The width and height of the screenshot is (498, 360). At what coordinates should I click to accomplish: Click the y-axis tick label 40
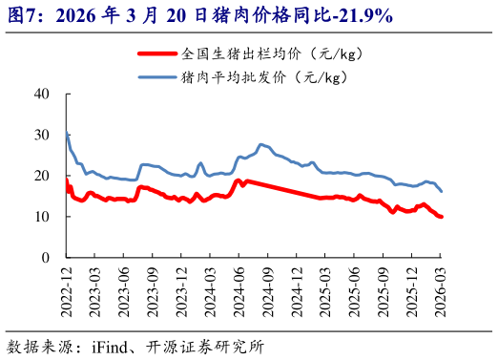pyautogui.click(x=41, y=94)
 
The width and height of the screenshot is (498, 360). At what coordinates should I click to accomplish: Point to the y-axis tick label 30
pyautogui.click(x=41, y=135)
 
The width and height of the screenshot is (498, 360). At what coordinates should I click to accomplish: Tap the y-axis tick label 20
pyautogui.click(x=41, y=176)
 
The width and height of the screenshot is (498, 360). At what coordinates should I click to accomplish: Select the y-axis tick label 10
pyautogui.click(x=41, y=217)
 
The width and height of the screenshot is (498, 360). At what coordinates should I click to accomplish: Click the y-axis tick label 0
pyautogui.click(x=45, y=258)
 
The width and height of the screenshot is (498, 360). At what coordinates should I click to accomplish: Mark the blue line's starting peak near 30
pyautogui.click(x=67, y=134)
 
